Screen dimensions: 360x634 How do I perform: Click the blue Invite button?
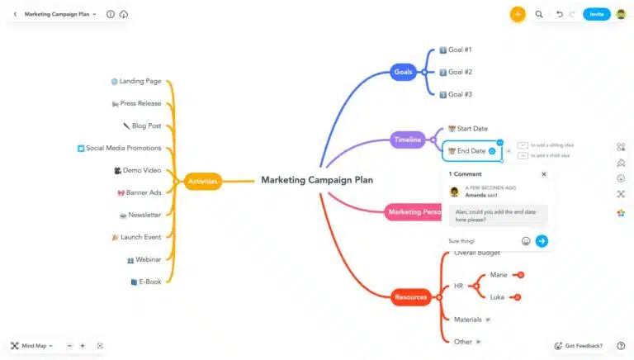[x=596, y=14]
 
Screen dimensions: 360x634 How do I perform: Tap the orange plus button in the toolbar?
[x=518, y=14]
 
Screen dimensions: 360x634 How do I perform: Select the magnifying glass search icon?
[x=539, y=14]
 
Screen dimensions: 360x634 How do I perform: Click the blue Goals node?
[x=403, y=72]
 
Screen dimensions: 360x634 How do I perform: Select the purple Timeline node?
[x=407, y=140]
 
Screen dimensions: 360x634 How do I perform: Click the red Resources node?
[x=410, y=297]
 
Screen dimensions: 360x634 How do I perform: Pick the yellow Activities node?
[x=202, y=181]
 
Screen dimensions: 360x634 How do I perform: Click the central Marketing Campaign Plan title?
[x=317, y=180]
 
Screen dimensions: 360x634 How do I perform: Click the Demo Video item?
[x=141, y=170]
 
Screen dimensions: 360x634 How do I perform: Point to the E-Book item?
[x=149, y=282]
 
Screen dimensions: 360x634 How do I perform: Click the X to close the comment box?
[x=543, y=174]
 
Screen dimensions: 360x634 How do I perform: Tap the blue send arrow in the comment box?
[x=542, y=241]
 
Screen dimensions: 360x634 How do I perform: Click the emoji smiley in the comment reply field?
[x=526, y=241]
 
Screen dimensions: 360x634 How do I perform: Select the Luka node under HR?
[x=497, y=296]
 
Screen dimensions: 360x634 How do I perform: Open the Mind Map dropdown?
[x=32, y=345]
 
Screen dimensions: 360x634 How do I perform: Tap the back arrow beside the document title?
[x=15, y=14]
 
